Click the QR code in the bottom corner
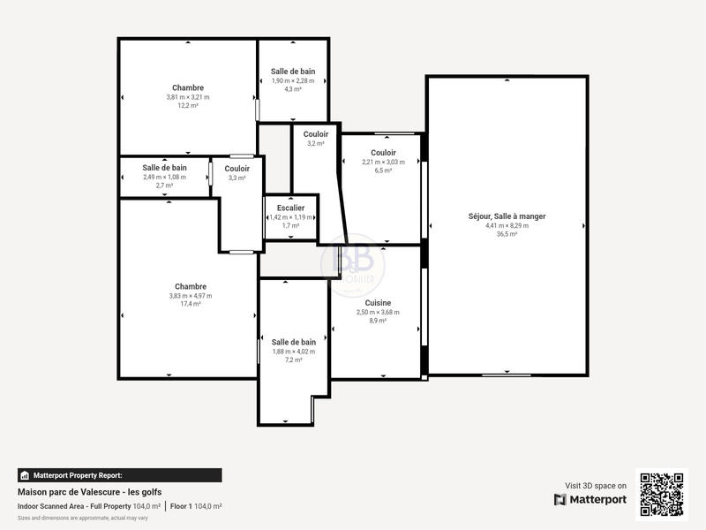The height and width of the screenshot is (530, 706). pos(662,494)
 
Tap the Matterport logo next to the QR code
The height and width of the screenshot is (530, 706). pos(590,500)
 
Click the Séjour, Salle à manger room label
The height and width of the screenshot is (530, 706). pos(507,216)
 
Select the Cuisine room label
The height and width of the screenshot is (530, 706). pos(378,302)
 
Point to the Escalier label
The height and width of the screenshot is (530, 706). pos(290,208)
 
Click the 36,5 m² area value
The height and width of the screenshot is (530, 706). pos(507,235)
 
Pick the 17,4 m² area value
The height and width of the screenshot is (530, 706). pos(191,304)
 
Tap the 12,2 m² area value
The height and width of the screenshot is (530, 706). pos(188,105)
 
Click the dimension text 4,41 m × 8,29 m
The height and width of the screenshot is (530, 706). pos(507,225)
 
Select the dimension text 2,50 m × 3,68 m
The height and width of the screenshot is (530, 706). pos(378,312)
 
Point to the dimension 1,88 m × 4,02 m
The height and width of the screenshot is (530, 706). pos(293,351)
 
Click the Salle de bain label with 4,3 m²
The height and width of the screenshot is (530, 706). pos(293,72)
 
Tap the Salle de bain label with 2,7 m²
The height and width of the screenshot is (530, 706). pos(164,167)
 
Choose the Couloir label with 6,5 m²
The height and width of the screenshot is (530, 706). pos(383,152)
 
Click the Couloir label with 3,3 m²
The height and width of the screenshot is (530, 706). pos(237,168)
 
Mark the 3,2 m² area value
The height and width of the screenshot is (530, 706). pos(315,143)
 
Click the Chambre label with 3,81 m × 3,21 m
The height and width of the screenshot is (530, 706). pos(188,87)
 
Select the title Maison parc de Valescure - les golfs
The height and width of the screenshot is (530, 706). pos(89,492)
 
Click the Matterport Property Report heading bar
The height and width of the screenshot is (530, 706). pos(119,475)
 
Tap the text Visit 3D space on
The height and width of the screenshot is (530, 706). pos(596,485)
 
